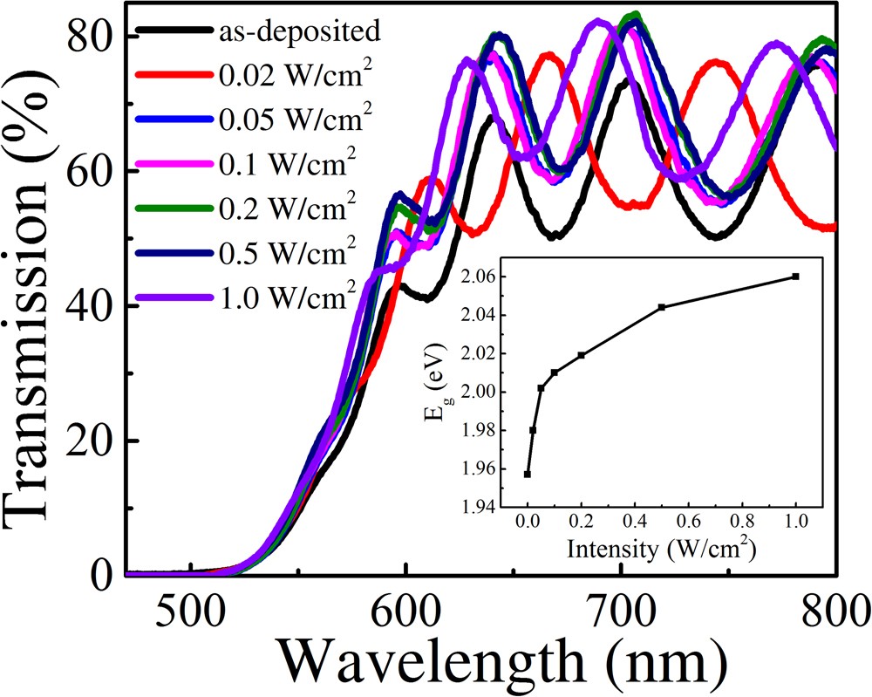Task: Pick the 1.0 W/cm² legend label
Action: [284, 297]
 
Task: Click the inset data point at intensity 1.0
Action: [795, 276]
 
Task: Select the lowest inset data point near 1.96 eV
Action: [528, 474]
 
